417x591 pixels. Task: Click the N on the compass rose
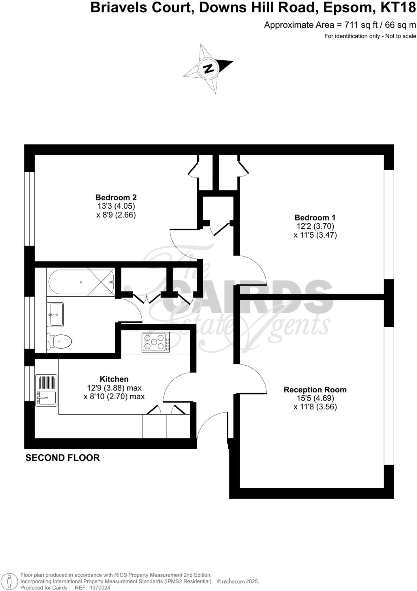208,69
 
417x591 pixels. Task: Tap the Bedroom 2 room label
116,198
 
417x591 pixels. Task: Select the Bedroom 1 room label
315,218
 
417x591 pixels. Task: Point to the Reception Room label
315,390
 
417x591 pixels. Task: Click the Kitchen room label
114,379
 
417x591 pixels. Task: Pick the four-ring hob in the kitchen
156,342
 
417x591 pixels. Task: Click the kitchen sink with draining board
46,390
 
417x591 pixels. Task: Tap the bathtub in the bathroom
81,282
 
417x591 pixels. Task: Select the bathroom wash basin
55,314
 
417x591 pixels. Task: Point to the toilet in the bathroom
60,342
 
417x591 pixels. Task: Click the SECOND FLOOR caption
63,458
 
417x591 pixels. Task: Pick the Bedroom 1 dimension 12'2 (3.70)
315,226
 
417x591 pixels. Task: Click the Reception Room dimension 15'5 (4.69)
315,398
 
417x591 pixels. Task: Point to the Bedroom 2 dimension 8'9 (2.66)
116,215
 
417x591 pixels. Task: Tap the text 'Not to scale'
401,36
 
